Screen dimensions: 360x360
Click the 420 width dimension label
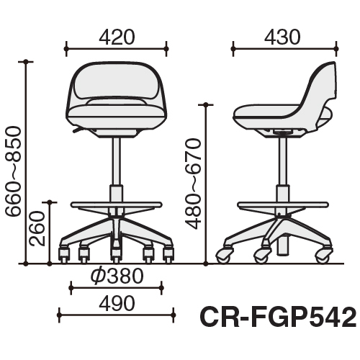tap(117, 37)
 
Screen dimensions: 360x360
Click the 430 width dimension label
tap(282, 37)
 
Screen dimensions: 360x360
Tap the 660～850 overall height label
tap(13, 171)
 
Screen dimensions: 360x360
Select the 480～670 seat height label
tap(193, 184)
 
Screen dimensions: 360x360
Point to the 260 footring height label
tap(37, 228)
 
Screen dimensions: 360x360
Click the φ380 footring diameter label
tap(117, 276)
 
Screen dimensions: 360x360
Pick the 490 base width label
tap(117, 303)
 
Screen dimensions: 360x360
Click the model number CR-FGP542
tap(278, 318)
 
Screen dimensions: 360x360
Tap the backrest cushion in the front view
tap(117, 82)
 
